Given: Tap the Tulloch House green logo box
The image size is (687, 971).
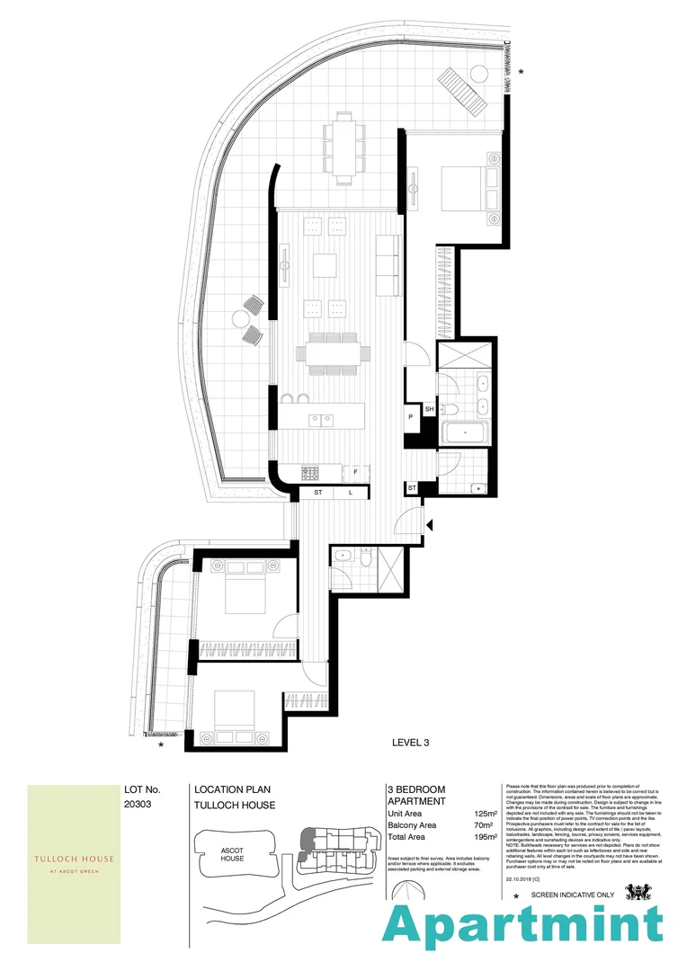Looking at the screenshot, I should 74,863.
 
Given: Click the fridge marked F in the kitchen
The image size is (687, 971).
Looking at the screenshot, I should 356,472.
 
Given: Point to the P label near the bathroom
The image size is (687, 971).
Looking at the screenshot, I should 410,417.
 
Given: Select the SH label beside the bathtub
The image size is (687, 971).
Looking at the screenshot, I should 429,410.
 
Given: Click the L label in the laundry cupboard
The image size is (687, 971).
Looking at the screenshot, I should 350,493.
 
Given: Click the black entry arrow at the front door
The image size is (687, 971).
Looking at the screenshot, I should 431,525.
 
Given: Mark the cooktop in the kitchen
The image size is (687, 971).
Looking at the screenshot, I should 312,472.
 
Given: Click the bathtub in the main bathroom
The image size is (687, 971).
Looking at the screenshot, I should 465,433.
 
